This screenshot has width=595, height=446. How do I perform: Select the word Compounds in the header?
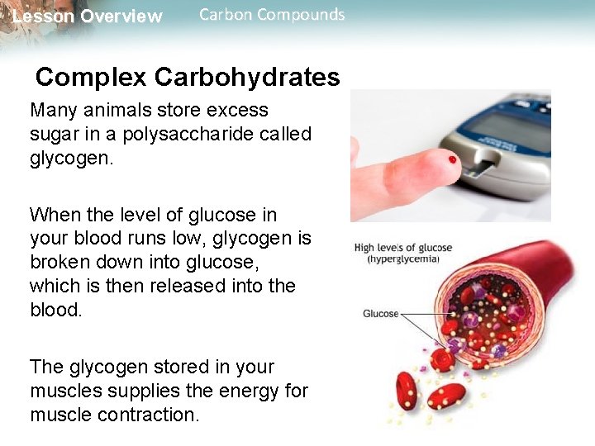(302, 15)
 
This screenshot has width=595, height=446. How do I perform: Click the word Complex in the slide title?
(91, 77)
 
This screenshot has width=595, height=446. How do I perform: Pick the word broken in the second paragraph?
(62, 263)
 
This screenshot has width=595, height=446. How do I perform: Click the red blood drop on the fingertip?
(451, 158)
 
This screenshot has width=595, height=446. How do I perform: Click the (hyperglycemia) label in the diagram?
(403, 259)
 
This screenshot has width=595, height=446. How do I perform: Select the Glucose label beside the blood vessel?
(380, 314)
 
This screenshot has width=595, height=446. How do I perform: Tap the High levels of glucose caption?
(403, 247)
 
